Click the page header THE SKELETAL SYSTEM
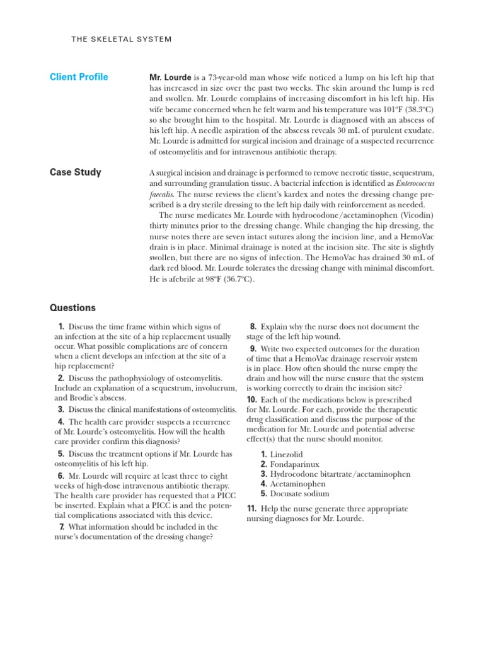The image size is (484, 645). (122, 39)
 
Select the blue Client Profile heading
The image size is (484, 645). (79, 77)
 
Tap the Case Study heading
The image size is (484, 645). (75, 173)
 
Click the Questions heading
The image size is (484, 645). (72, 308)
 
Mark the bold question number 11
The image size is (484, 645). (251, 508)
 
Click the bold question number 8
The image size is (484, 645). (253, 327)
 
